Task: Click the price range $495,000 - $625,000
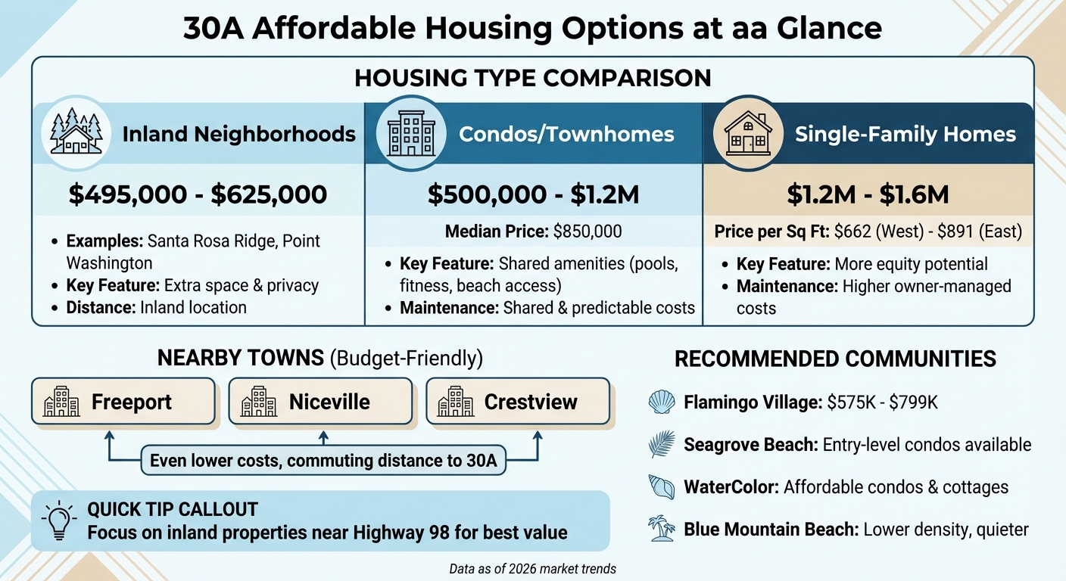198,194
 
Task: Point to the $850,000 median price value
588,232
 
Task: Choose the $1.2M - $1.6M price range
867,194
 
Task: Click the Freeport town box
124,401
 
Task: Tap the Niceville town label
329,402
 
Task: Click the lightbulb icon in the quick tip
59,520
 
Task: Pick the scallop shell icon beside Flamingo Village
662,402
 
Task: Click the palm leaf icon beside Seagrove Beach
662,445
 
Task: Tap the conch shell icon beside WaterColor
662,486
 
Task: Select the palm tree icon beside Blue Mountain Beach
662,529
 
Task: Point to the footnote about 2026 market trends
532,569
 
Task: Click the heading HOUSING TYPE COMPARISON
532,78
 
